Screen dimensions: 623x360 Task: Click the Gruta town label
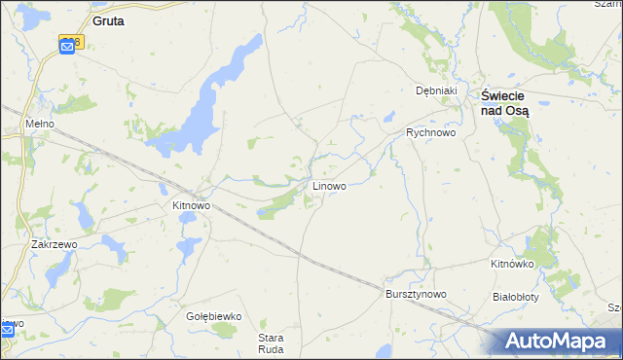coord(107,19)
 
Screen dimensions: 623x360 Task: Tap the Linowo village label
coord(328,185)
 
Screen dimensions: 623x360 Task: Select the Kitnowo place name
coord(191,206)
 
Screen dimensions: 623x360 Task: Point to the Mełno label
coord(39,126)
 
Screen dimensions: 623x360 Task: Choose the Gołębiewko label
coord(213,316)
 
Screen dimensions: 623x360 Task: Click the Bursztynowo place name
coord(416,294)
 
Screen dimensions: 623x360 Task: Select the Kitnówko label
coord(513,264)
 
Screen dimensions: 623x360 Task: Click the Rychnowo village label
coord(430,132)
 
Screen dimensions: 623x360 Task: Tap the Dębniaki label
coord(435,90)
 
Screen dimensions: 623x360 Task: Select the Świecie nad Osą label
coord(505,103)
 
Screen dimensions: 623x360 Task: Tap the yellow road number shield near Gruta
coord(71,41)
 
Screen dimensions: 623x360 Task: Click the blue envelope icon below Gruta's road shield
coord(67,48)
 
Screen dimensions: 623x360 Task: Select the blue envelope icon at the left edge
coord(7,331)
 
